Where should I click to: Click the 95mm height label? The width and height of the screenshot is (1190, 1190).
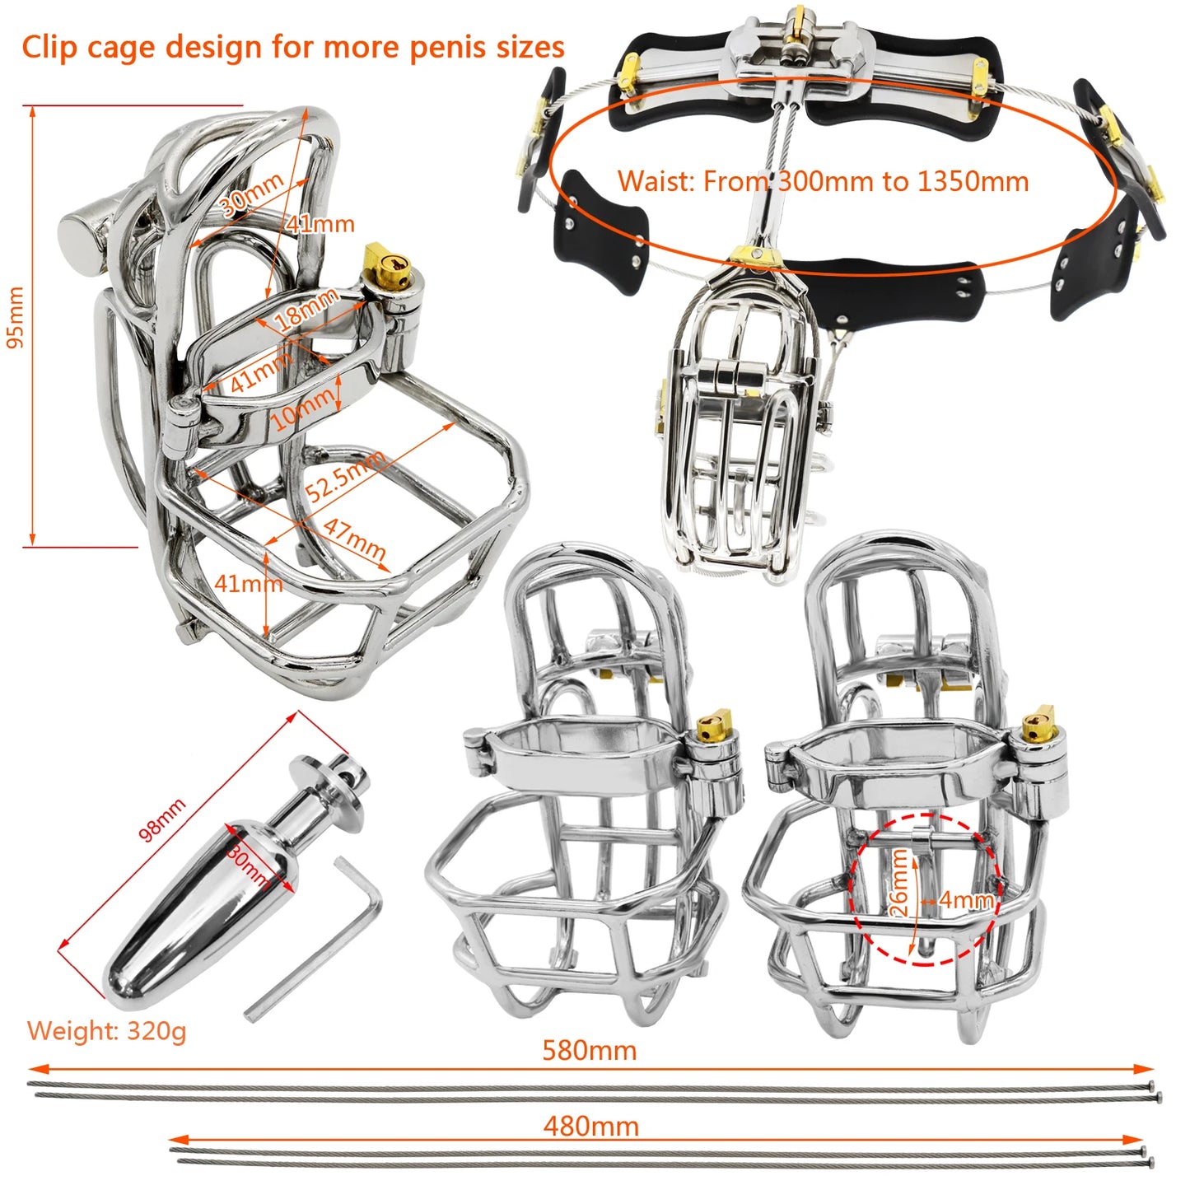tap(16, 317)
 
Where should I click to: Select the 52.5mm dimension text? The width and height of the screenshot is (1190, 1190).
tap(344, 476)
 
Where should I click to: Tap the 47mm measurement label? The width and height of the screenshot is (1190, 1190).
tap(355, 540)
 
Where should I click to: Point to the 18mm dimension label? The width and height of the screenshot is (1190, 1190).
tap(307, 309)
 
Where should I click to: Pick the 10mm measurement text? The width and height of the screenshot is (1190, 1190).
tap(303, 408)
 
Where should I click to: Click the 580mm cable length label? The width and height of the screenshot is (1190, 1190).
tap(589, 1050)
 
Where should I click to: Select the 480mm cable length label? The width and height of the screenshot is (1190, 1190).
tap(590, 1126)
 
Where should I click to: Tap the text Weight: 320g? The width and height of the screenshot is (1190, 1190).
tap(106, 1030)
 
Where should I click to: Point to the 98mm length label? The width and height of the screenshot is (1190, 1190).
tap(162, 819)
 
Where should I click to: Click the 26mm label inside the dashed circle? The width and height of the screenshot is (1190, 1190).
tap(899, 883)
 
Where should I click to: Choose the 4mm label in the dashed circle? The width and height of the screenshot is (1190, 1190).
tap(966, 899)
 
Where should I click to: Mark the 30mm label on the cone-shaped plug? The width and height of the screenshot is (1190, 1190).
tap(250, 864)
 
